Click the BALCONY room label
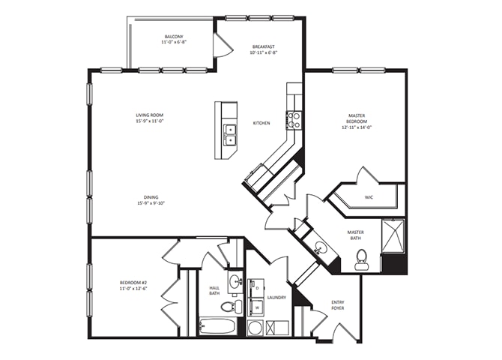pos(174,37)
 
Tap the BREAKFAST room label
pos(264,46)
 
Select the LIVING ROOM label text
pos(150,115)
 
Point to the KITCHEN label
pos(261,123)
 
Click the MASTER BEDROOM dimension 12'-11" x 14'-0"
pos(357,127)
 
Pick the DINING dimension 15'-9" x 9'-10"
pos(151,203)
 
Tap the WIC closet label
pos(369,197)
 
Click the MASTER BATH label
pos(356,235)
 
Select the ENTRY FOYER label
pos(338,305)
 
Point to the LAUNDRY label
pos(277,298)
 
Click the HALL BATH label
pos(214,290)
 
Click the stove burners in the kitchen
pos(294,120)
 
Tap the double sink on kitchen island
pos(230,135)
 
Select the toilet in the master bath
pos(362,259)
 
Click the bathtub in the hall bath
pos(217,326)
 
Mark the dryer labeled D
pos(256,288)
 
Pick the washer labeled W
pos(256,307)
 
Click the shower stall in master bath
pos(393,235)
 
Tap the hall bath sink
pos(236,282)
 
